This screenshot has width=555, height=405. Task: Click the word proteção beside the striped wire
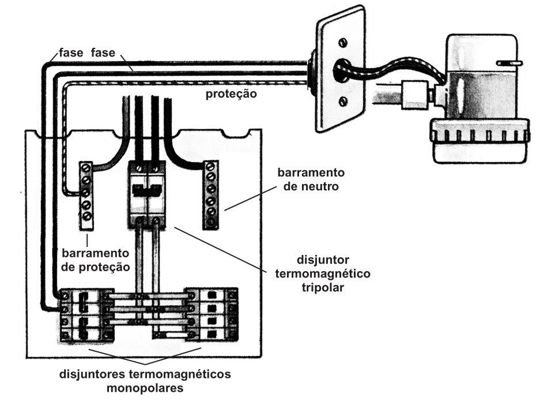(x=231, y=93)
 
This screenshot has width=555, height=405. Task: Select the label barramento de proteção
(x=96, y=261)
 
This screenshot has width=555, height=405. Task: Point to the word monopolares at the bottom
(x=145, y=388)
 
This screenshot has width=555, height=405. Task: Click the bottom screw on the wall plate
(x=343, y=102)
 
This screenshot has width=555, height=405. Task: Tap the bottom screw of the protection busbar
(x=87, y=216)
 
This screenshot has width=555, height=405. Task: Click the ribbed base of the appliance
(x=478, y=136)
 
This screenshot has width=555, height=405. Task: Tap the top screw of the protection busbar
(x=86, y=168)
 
